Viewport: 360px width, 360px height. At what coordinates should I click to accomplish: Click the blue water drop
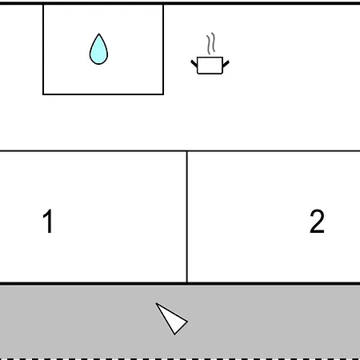98,50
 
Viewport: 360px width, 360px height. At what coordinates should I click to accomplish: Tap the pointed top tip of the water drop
99,34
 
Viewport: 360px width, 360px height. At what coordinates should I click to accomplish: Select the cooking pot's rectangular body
210,66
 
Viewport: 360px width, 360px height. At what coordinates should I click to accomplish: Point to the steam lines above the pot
210,43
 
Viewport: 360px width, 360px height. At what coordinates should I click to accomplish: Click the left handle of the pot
194,63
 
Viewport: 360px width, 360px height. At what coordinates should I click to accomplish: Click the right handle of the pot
226,64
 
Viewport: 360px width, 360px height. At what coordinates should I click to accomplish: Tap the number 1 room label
48,221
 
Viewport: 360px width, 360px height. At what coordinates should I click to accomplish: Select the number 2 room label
317,221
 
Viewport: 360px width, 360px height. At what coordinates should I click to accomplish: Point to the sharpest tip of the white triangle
156,303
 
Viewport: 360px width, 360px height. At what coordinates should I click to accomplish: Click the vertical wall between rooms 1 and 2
187,217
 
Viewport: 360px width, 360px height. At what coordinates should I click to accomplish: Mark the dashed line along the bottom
180,358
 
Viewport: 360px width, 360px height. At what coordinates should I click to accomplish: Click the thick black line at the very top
180,3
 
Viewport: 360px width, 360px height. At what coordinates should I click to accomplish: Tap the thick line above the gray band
180,283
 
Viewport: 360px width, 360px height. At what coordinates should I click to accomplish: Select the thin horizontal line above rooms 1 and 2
180,151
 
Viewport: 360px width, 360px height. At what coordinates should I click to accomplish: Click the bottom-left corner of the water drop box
43,94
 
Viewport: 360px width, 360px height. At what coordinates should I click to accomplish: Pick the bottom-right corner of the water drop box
163,94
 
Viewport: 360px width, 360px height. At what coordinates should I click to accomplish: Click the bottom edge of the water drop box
103,94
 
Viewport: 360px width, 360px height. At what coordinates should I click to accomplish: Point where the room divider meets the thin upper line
187,151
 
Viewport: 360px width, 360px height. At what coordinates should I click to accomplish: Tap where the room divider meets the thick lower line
187,282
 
